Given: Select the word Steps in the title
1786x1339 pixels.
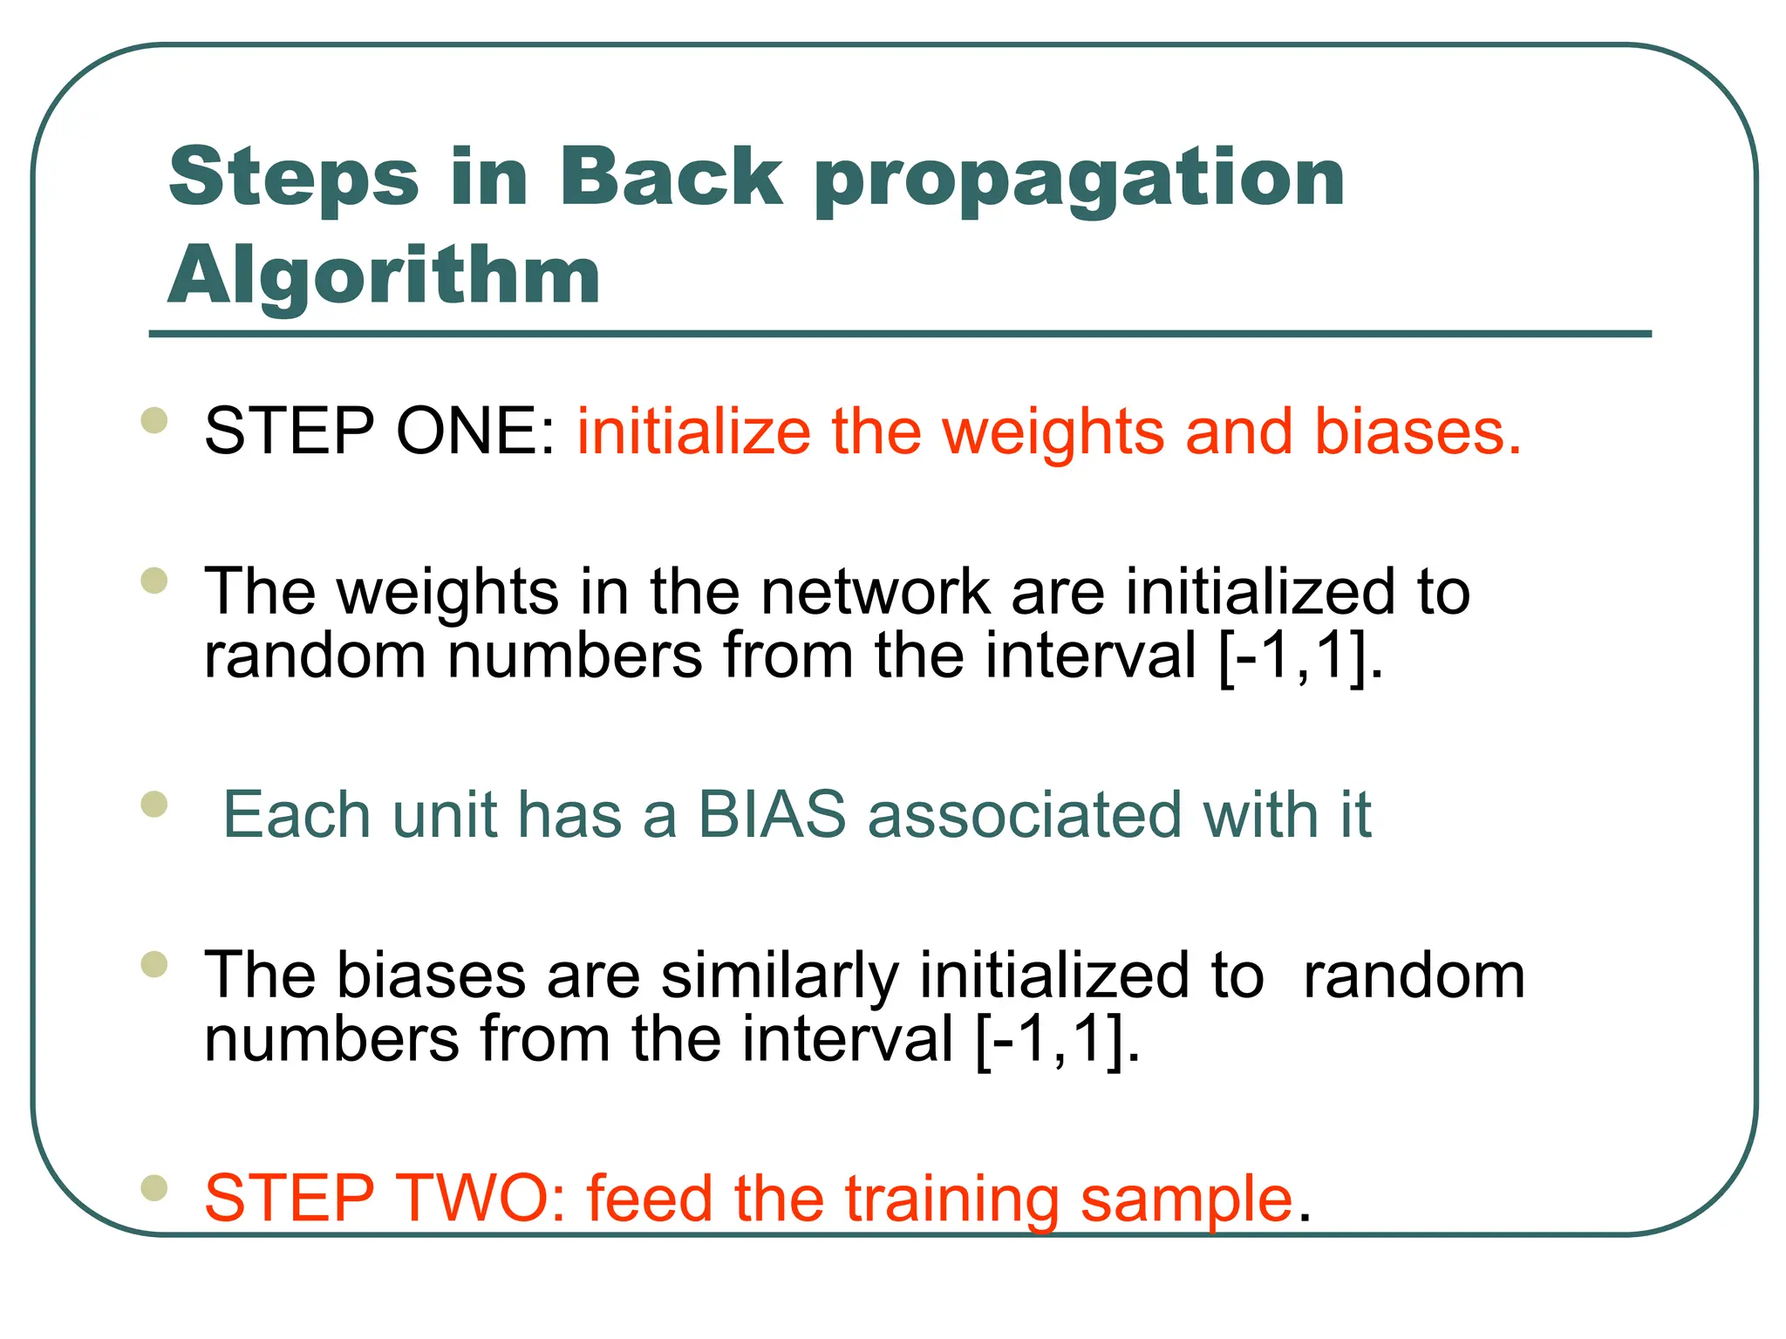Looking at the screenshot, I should click(x=294, y=178).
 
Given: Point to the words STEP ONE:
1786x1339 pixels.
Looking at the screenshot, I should click(x=379, y=431).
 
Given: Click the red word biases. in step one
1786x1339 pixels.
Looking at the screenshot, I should click(x=1417, y=431).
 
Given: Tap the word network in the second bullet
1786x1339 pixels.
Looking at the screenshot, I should click(x=875, y=592).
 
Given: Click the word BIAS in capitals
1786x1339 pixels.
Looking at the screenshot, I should click(x=772, y=814).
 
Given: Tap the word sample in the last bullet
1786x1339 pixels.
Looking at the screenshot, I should click(x=1186, y=1200).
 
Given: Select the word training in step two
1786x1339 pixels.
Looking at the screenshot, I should click(x=951, y=1200).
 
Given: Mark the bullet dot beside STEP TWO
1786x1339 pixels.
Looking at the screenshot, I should click(x=154, y=1187).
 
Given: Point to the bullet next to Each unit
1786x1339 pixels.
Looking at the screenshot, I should click(x=154, y=804).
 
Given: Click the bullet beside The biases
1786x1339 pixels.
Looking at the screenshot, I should click(x=154, y=964).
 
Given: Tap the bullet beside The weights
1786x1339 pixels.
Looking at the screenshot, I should click(x=154, y=581).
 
